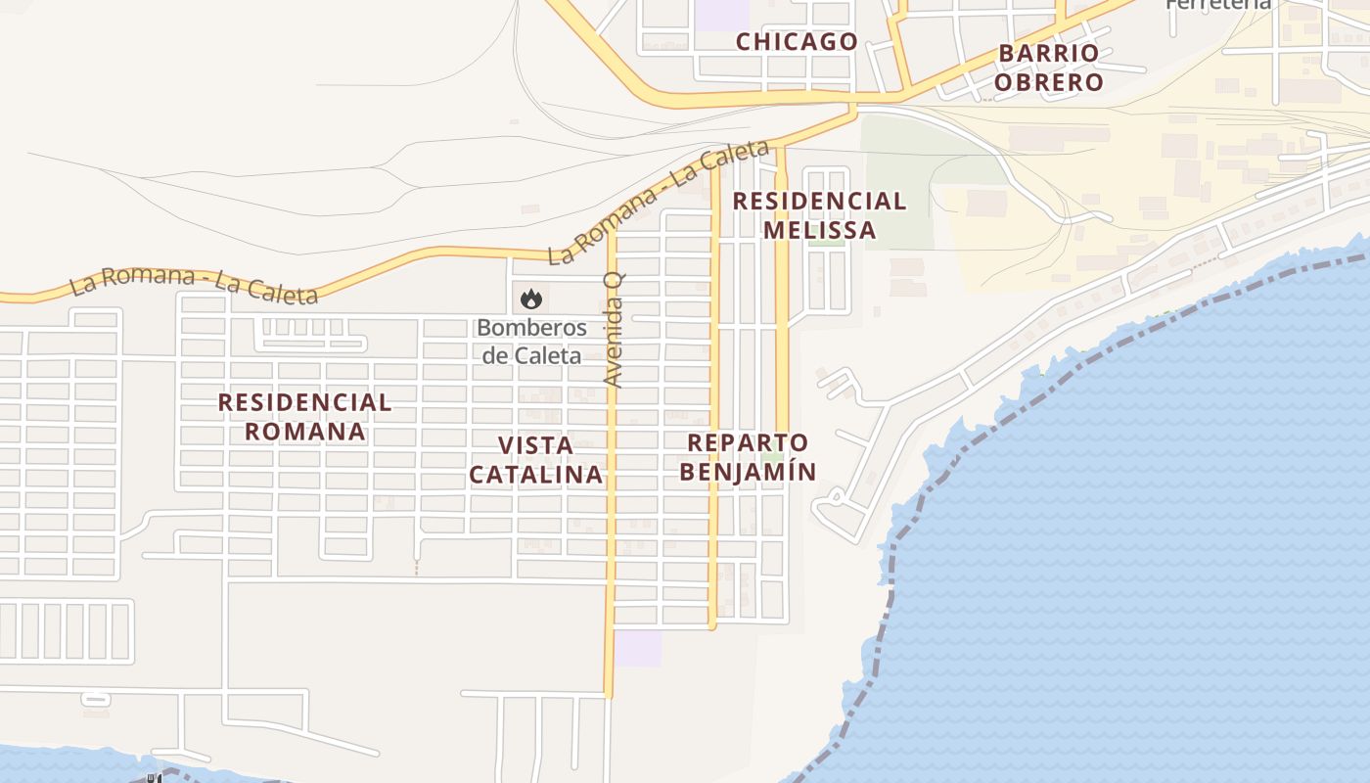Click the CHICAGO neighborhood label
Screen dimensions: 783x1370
797,42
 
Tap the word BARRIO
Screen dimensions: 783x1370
1049,53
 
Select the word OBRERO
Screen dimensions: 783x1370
1049,82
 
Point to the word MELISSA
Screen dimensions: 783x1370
819,230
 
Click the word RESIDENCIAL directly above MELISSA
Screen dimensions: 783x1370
819,202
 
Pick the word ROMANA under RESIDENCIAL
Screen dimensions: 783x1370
304,432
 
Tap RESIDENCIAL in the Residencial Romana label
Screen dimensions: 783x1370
304,402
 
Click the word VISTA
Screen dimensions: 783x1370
535,445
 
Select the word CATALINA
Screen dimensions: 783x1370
535,475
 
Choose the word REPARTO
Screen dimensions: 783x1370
748,442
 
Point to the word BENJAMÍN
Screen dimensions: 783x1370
748,472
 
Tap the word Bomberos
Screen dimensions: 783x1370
531,328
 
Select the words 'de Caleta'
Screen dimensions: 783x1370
531,355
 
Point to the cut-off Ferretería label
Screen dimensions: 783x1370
1218,4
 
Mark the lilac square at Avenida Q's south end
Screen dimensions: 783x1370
637,649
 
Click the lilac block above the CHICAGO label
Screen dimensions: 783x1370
721,13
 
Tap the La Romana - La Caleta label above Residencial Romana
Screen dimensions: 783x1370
193,287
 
